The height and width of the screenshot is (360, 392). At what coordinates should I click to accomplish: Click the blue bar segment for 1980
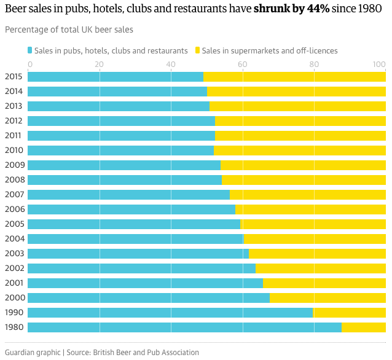[x=184, y=327]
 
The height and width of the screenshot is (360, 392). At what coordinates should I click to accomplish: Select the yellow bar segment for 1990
[x=349, y=313]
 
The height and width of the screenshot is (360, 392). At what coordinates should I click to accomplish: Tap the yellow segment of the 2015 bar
[x=294, y=77]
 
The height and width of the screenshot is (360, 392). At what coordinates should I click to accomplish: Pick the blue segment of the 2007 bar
[x=128, y=195]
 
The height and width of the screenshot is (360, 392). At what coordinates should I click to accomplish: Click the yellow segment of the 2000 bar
[x=327, y=298]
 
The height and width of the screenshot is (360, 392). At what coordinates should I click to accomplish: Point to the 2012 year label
[x=14, y=121]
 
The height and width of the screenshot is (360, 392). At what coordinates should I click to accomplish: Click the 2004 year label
[x=14, y=239]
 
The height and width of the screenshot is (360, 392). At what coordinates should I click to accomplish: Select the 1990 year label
[x=14, y=313]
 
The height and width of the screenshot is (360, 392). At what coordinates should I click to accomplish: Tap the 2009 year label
[x=14, y=165]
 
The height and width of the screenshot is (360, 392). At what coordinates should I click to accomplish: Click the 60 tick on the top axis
[x=242, y=64]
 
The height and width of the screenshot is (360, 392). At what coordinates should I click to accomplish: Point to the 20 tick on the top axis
[x=99, y=64]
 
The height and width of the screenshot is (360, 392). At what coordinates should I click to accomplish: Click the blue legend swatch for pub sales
[x=30, y=50]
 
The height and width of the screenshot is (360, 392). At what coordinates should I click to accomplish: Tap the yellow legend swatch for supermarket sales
[x=197, y=50]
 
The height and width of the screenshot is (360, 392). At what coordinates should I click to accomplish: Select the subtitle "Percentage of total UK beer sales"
[x=69, y=29]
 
